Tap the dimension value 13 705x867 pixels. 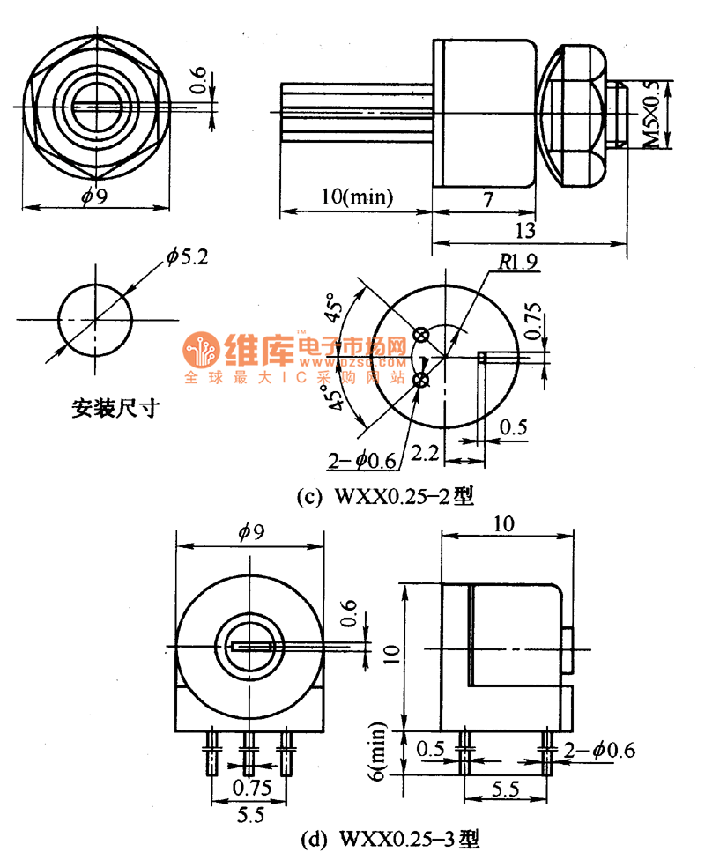click(x=525, y=231)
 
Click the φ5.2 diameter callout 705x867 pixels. click(x=185, y=258)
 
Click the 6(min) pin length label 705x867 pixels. click(x=378, y=750)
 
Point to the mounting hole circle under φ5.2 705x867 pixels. click(x=95, y=318)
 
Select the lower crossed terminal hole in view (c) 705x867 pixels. click(x=421, y=379)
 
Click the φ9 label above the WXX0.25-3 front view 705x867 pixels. click(x=251, y=531)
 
